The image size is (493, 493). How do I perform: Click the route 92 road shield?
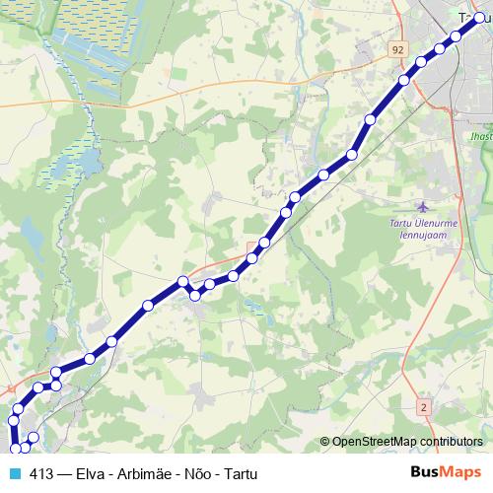pos(397,48)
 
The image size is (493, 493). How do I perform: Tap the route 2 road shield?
pos(424,406)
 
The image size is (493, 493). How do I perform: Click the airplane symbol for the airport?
pos(424,207)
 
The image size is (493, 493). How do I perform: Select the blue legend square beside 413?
pos(14,473)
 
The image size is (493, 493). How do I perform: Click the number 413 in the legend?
pos(42,473)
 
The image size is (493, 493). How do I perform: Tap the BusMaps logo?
pos(447,473)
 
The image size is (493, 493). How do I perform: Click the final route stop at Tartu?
pos(480,17)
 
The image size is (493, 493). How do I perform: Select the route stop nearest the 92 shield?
pos(403,81)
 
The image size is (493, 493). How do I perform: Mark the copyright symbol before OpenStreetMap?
pos(325,442)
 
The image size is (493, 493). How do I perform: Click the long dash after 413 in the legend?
pos(64,473)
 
